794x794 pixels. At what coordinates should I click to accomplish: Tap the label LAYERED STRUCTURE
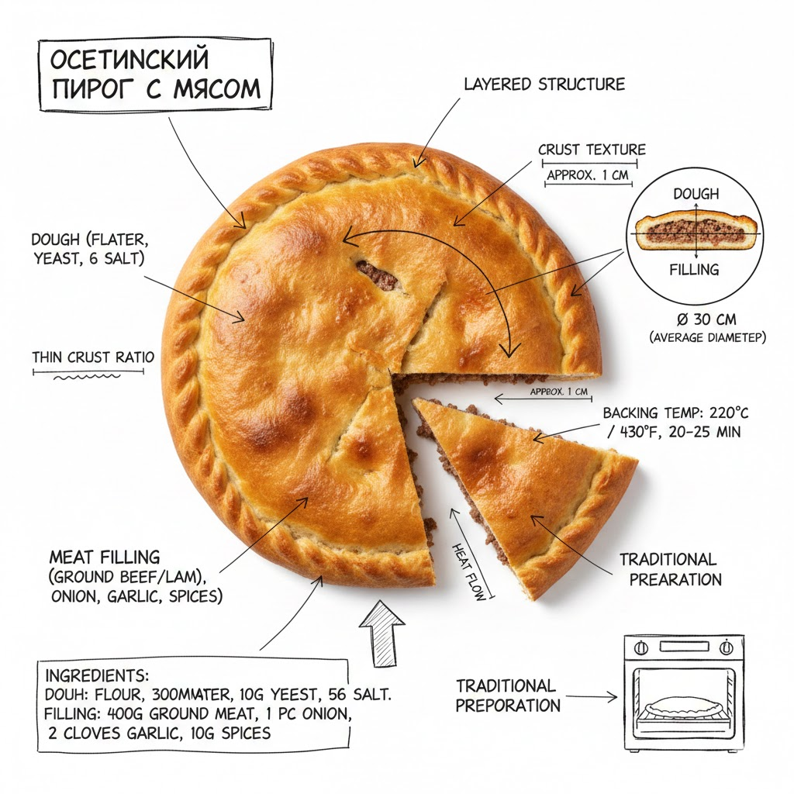(544, 84)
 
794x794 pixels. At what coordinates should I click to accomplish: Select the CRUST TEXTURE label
(592, 150)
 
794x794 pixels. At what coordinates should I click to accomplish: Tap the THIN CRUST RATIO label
(93, 357)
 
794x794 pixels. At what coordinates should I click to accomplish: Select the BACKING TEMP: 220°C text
(671, 414)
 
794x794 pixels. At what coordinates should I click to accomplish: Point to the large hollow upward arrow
(382, 632)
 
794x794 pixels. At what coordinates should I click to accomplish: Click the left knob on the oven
(642, 647)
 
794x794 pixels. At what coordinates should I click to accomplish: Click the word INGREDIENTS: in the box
(97, 675)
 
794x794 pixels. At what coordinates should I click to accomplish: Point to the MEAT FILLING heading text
(105, 557)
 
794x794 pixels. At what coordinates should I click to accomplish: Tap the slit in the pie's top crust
(378, 274)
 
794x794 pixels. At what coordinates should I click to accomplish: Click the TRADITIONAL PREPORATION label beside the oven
(507, 696)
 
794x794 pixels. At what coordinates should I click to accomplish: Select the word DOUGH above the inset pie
(696, 194)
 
